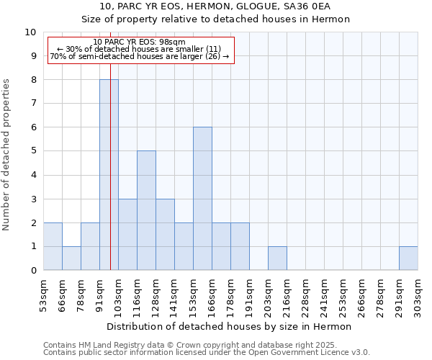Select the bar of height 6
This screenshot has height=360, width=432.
tap(202, 199)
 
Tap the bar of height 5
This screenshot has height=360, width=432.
tap(146, 210)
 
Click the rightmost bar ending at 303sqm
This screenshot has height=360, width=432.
tap(408, 258)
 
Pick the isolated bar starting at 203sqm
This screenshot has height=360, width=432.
tap(277, 258)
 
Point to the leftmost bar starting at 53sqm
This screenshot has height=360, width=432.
tap(53, 246)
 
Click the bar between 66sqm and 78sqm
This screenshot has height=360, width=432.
tap(71, 258)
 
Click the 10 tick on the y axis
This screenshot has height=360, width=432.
tap(30, 32)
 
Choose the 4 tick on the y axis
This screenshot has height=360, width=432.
tap(33, 175)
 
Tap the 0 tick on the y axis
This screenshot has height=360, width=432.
tap(33, 271)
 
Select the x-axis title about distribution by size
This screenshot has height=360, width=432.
tap(229, 327)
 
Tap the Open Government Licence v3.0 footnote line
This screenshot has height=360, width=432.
tap(207, 353)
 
